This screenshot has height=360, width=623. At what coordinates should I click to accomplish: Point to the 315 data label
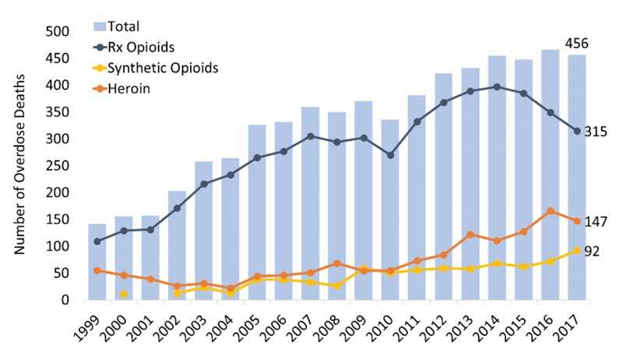(596, 132)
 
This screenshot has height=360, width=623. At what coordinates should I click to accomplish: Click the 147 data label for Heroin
(596, 222)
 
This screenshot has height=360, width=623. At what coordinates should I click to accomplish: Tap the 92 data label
(593, 251)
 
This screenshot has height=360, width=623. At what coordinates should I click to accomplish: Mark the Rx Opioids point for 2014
(497, 86)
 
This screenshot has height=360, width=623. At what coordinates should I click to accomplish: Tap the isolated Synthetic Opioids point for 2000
(124, 294)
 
